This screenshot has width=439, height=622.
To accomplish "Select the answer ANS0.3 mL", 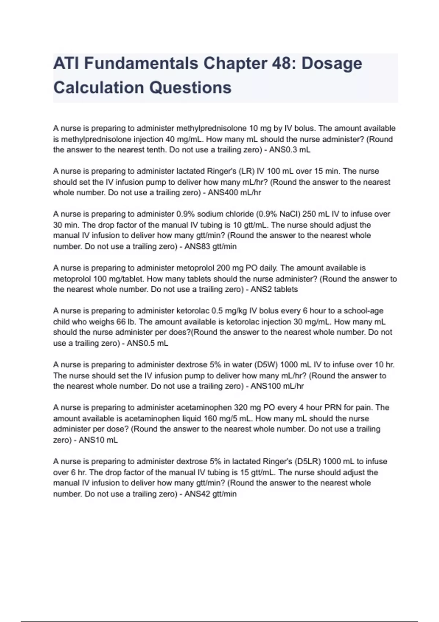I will [290, 150].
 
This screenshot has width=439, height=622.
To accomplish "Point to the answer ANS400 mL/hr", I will [234, 193].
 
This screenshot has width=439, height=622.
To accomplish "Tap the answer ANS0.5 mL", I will [147, 343].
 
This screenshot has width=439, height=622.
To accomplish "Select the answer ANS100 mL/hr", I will [277, 386].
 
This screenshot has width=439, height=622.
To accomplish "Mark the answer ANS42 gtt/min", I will [210, 494].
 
